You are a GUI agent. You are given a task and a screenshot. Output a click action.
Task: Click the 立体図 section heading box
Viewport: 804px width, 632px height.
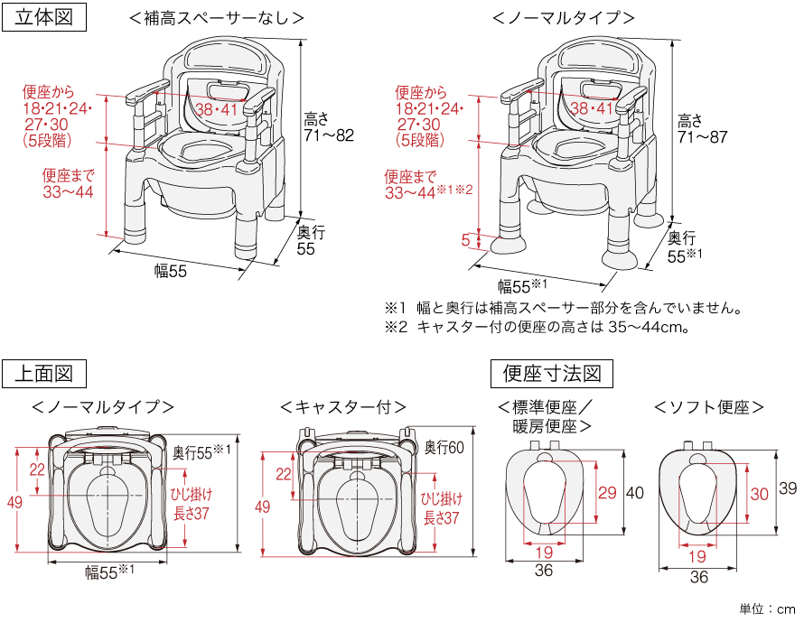click(46, 17)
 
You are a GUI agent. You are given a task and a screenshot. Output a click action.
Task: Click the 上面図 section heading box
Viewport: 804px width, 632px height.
click(46, 372)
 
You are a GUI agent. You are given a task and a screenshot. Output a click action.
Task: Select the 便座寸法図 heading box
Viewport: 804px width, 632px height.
click(552, 372)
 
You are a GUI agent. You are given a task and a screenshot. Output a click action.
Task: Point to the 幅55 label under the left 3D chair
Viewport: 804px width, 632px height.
click(170, 272)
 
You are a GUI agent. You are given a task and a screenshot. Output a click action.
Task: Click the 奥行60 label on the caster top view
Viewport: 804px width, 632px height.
click(444, 447)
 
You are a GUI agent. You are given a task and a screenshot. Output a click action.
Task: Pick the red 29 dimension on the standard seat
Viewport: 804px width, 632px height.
click(607, 492)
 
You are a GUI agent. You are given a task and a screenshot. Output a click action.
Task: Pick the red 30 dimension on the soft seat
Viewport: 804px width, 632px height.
click(760, 494)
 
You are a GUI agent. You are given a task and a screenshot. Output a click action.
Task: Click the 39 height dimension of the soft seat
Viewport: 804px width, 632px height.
click(788, 488)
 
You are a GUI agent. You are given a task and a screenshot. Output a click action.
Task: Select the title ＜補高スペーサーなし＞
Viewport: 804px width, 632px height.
click(216, 17)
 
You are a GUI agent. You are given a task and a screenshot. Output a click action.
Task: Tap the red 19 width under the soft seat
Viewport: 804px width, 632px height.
click(696, 556)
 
